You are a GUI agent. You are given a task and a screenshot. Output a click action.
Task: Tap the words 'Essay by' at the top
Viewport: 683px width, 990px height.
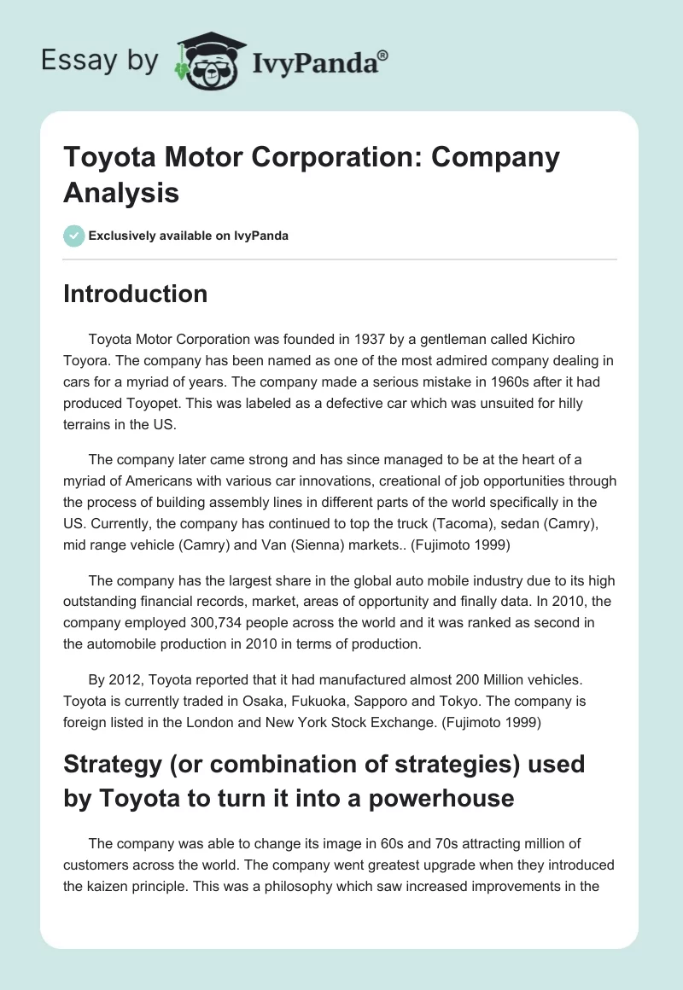[99, 61]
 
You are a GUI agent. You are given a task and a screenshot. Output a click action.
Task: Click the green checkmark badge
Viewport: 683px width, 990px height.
[74, 236]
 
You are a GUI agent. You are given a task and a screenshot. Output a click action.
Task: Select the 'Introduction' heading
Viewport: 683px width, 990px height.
[135, 294]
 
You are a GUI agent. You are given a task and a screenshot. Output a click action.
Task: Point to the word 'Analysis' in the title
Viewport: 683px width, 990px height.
[121, 193]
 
